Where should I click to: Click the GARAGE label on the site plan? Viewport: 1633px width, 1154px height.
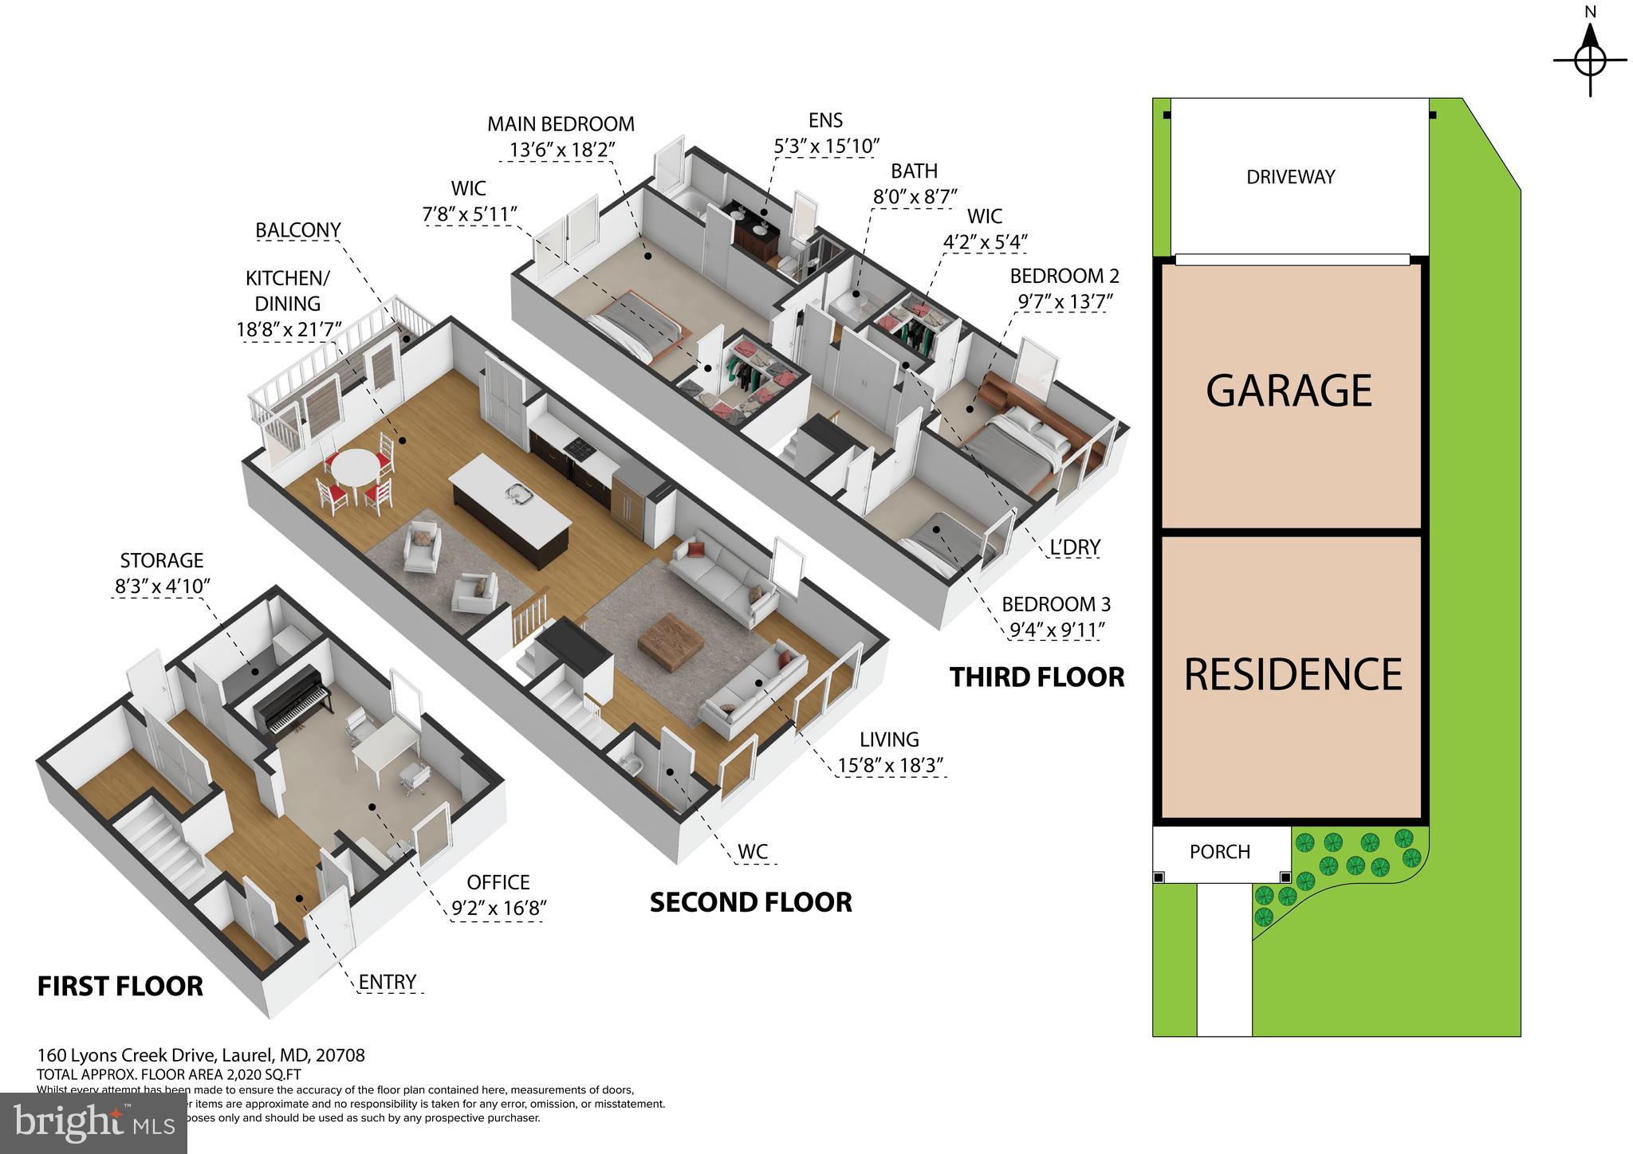click(x=1289, y=391)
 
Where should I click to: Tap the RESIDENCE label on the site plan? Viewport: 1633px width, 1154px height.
click(x=1292, y=674)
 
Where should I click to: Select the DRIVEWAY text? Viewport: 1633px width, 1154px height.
click(x=1290, y=177)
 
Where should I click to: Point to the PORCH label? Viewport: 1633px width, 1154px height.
click(x=1219, y=852)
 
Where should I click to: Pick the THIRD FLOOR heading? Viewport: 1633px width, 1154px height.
click(x=1037, y=677)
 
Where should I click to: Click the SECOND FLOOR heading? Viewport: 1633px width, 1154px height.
click(x=750, y=902)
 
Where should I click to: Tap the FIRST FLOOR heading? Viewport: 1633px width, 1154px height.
click(x=120, y=986)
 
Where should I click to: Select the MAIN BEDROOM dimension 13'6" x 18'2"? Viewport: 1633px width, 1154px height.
click(x=562, y=150)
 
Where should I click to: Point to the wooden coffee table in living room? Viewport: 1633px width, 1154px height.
click(x=670, y=638)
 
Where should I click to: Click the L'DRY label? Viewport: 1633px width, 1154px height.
click(x=1075, y=548)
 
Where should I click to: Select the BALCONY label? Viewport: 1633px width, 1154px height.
click(x=297, y=230)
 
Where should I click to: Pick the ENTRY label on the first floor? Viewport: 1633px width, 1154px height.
click(x=388, y=982)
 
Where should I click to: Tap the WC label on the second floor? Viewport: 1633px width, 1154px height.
click(x=752, y=851)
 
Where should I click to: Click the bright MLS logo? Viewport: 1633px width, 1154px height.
click(x=93, y=1124)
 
